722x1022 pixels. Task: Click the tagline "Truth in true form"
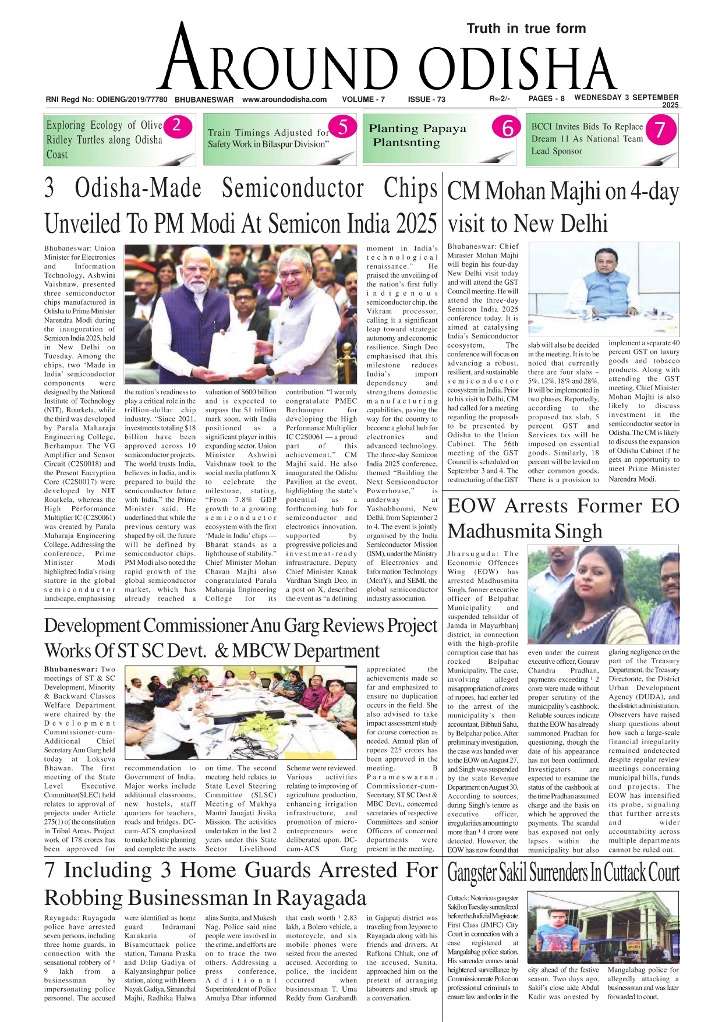click(526, 29)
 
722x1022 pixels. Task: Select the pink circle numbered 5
click(342, 126)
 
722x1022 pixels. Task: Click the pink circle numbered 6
click(506, 128)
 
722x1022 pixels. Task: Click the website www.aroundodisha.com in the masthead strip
click(284, 100)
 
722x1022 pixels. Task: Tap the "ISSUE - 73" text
click(426, 100)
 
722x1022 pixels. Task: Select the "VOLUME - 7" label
click(363, 100)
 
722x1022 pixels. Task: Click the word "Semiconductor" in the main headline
click(293, 189)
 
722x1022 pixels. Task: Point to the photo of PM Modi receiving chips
click(240, 313)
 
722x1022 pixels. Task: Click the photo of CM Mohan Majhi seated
click(603, 289)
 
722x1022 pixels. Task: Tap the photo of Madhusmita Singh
click(603, 594)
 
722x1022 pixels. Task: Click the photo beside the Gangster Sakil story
click(603, 927)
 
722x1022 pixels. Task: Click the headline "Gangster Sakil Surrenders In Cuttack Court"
click(563, 873)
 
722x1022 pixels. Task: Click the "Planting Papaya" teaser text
click(417, 129)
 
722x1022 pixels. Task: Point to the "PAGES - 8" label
click(546, 99)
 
